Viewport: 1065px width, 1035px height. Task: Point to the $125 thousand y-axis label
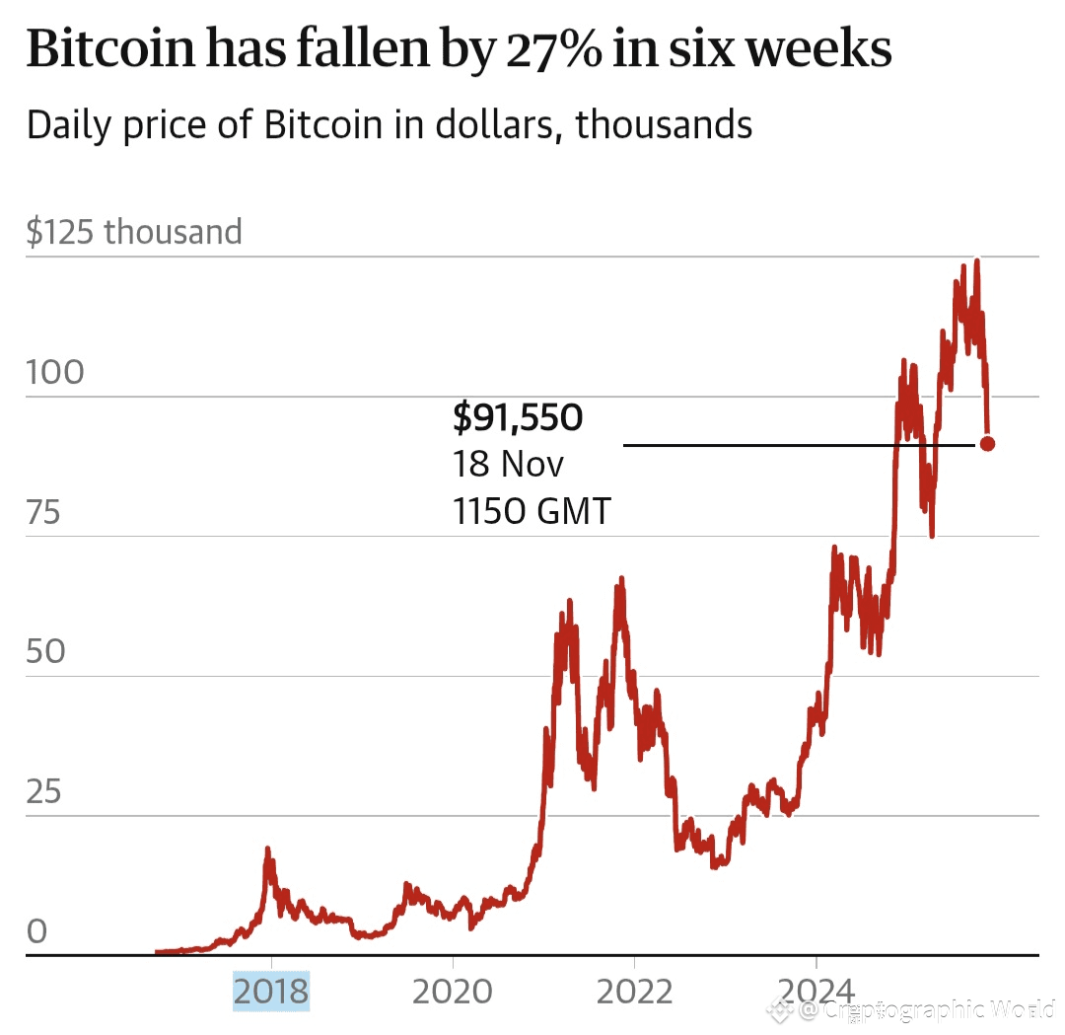(134, 232)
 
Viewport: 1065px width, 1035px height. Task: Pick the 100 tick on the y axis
(55, 373)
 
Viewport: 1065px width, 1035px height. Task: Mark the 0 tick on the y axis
(36, 931)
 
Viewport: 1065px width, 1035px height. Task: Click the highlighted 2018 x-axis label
(270, 991)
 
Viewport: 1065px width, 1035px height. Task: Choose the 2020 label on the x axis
(452, 991)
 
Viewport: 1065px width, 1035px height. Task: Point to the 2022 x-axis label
(633, 991)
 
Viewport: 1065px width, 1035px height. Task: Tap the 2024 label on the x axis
(816, 991)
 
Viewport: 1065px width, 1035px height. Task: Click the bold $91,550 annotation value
(518, 418)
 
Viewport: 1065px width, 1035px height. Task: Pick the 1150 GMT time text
(532, 511)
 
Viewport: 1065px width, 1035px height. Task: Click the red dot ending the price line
(986, 444)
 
